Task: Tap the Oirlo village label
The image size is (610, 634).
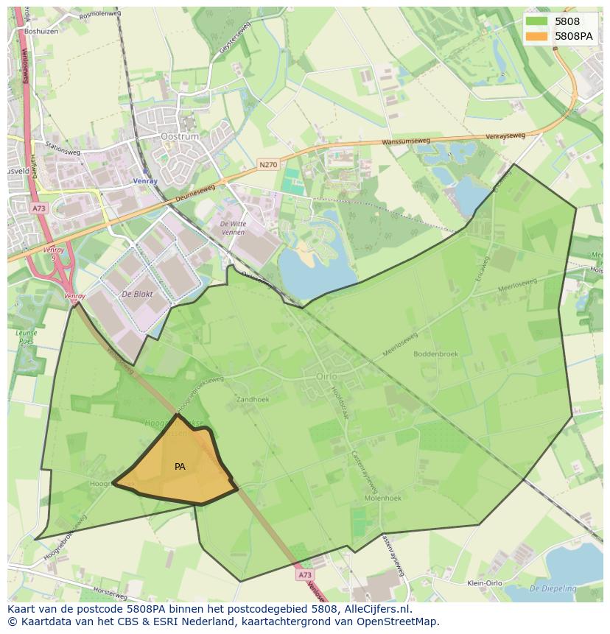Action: click(326, 376)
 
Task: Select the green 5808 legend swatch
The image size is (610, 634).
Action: click(537, 21)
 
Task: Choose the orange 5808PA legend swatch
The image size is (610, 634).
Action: click(537, 35)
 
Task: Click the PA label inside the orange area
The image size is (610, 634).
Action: click(180, 467)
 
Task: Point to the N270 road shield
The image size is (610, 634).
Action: click(268, 165)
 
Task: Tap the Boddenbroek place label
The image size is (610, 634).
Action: click(435, 354)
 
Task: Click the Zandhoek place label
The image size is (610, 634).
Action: click(253, 399)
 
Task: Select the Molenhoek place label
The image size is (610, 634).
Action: click(382, 499)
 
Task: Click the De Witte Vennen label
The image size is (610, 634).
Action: click(232, 228)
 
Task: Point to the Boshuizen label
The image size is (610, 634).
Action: click(41, 32)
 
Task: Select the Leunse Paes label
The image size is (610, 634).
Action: click(27, 337)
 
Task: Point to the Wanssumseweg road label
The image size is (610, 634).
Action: click(404, 141)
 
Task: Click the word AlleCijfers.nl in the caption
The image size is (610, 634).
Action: click(374, 610)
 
